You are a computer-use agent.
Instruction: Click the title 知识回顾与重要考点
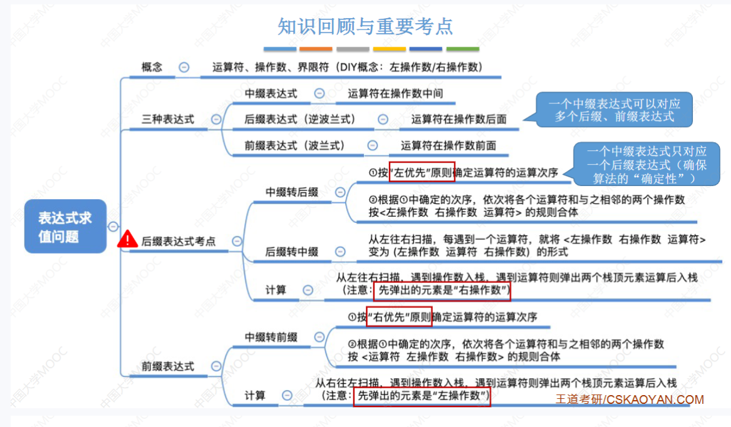pyautogui.click(x=365, y=26)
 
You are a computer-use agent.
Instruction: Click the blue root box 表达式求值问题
pyautogui.click(x=65, y=226)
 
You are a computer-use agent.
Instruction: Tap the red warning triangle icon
pyautogui.click(x=127, y=239)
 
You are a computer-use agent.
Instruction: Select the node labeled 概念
pyautogui.click(x=152, y=67)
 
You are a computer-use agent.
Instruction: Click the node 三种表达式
pyautogui.click(x=168, y=119)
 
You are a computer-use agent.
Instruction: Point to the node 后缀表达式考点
pyautogui.click(x=179, y=240)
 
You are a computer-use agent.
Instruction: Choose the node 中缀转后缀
pyautogui.click(x=292, y=192)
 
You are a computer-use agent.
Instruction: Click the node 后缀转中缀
pyautogui.click(x=292, y=252)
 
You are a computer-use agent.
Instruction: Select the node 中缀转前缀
pyautogui.click(x=271, y=337)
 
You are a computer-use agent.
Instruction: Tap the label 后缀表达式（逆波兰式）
pyautogui.click(x=300, y=119)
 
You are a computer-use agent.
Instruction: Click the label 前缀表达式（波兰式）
pyautogui.click(x=294, y=145)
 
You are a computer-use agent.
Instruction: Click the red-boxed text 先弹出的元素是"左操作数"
pyautogui.click(x=421, y=396)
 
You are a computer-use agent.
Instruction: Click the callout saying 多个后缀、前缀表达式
pyautogui.click(x=614, y=110)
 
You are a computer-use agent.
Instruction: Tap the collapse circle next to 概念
pyautogui.click(x=184, y=67)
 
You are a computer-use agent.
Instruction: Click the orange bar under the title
pyautogui.click(x=316, y=49)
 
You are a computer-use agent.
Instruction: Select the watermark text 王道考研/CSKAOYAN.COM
pyautogui.click(x=629, y=399)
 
